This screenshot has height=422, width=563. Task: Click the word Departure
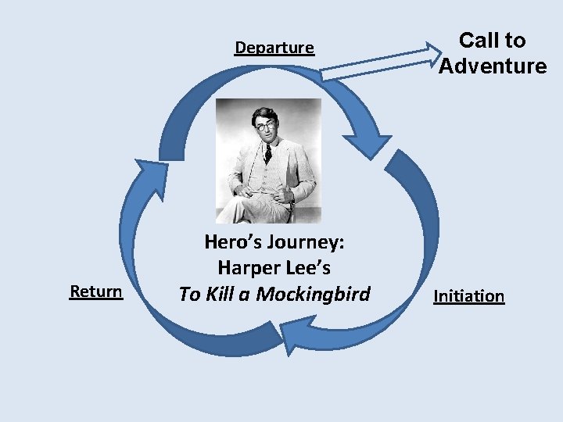click(x=274, y=48)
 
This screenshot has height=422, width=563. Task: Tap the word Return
click(x=96, y=291)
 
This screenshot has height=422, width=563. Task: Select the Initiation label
click(x=468, y=296)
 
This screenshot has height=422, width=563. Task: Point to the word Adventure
click(x=493, y=66)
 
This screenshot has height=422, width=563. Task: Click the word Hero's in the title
click(x=233, y=242)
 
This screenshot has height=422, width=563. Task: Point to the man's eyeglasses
click(x=266, y=125)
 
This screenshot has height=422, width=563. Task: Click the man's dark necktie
click(x=267, y=152)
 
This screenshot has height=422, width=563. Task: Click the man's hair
click(x=264, y=113)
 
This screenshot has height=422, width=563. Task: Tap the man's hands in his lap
click(x=258, y=190)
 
